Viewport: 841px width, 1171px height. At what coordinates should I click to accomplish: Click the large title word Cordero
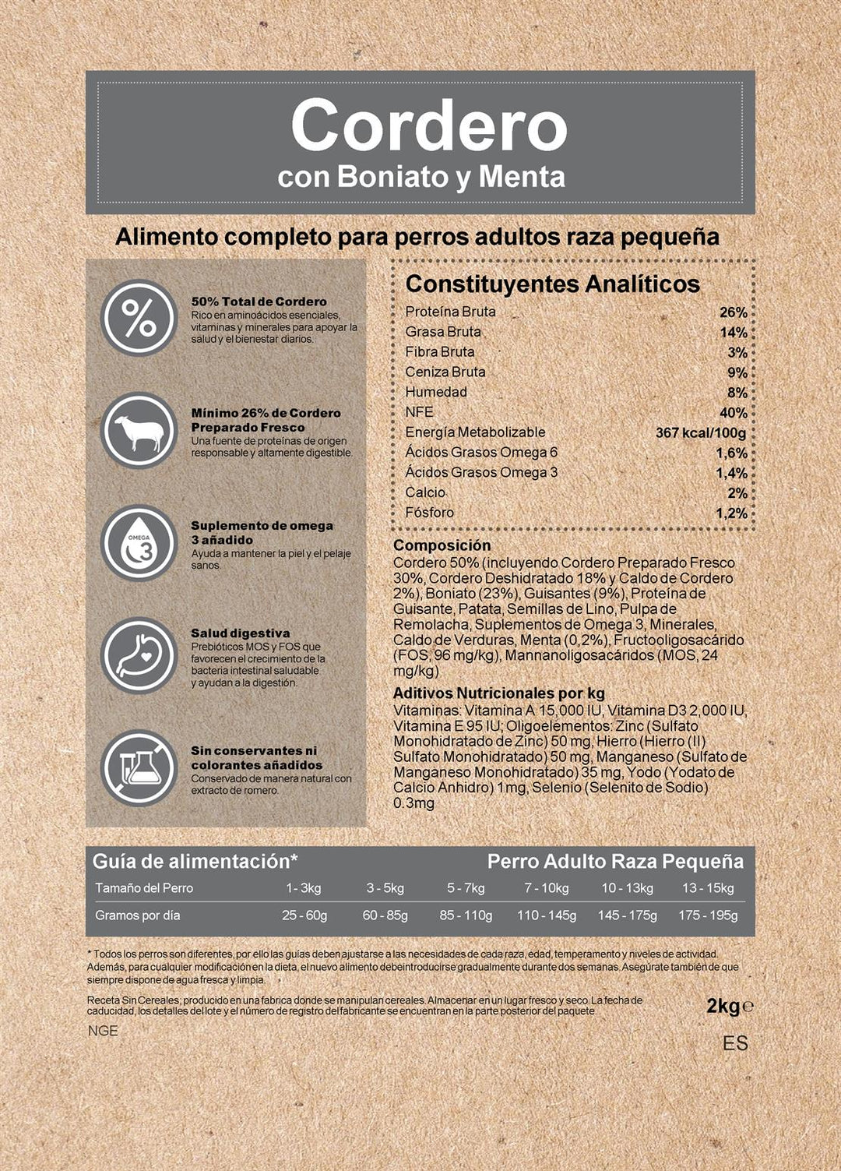[429, 126]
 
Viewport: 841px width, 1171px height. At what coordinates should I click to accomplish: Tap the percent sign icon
[139, 318]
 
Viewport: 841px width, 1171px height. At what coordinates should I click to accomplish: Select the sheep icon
[139, 431]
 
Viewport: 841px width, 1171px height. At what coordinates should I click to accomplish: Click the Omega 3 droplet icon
[139, 543]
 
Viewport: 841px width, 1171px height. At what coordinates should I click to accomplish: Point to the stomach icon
[139, 655]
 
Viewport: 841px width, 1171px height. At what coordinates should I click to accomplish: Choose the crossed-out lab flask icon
[139, 767]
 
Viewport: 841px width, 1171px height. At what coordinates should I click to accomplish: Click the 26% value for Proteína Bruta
[733, 312]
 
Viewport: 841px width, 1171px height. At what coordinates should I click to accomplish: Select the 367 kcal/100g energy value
[700, 432]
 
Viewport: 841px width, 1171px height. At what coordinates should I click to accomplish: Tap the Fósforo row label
[429, 513]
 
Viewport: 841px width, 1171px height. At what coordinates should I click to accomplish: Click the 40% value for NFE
[733, 413]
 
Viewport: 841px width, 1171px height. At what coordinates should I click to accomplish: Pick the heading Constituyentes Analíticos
[553, 284]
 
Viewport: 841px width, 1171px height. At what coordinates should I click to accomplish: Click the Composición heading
[442, 545]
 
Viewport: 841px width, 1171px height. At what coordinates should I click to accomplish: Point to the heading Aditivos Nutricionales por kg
[498, 693]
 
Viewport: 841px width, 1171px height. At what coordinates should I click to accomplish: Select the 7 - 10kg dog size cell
[546, 888]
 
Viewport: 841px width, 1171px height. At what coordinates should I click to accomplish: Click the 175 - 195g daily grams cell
[707, 915]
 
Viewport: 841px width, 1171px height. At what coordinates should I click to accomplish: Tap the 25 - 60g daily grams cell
[304, 915]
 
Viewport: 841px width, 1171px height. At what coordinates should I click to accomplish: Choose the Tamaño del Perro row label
[144, 888]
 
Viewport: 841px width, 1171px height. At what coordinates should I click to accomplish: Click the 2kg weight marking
[723, 1006]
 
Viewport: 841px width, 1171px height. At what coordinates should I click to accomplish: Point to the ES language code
[734, 1043]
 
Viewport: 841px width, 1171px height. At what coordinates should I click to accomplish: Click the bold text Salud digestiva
[240, 633]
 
